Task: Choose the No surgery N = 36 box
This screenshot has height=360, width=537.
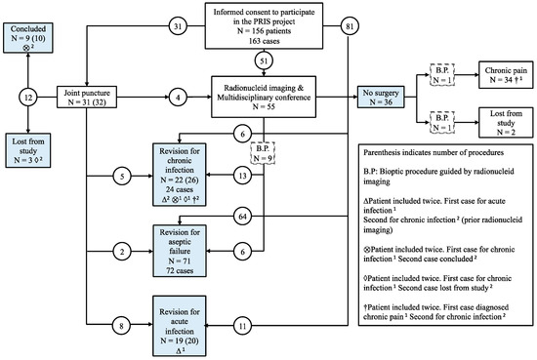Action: [x=378, y=97]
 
